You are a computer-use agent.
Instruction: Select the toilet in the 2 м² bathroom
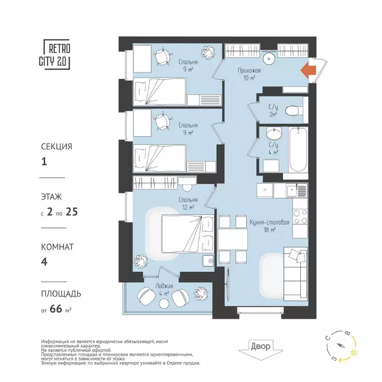point(295,109)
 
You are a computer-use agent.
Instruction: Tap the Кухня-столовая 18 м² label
point(269,226)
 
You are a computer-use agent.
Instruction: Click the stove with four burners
point(299,218)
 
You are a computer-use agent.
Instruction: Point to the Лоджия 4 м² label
point(164,289)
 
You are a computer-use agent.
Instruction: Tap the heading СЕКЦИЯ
point(56,147)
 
